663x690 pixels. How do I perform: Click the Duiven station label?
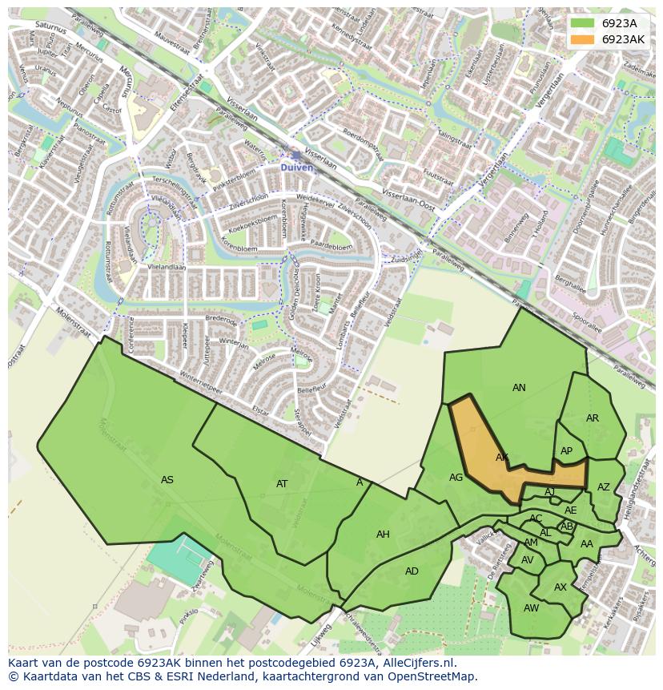(297, 167)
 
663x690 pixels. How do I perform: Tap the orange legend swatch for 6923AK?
(583, 39)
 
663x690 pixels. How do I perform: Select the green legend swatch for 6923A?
(583, 23)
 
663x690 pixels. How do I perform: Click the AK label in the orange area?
(502, 458)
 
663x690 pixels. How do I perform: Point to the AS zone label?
(167, 480)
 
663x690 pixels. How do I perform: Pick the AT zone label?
(282, 483)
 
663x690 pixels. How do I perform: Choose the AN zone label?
(519, 388)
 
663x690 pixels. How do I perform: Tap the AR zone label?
(592, 418)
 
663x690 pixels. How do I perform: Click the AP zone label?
(566, 451)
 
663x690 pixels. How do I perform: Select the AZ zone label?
(603, 486)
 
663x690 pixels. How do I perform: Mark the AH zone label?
(383, 534)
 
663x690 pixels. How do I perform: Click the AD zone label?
(412, 571)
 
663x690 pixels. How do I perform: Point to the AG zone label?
(456, 478)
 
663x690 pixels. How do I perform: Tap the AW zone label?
(531, 608)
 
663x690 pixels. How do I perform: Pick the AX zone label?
(560, 587)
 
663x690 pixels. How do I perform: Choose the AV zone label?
(527, 560)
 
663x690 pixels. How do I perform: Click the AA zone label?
(587, 544)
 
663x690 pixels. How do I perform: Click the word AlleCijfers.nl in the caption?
(416, 663)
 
